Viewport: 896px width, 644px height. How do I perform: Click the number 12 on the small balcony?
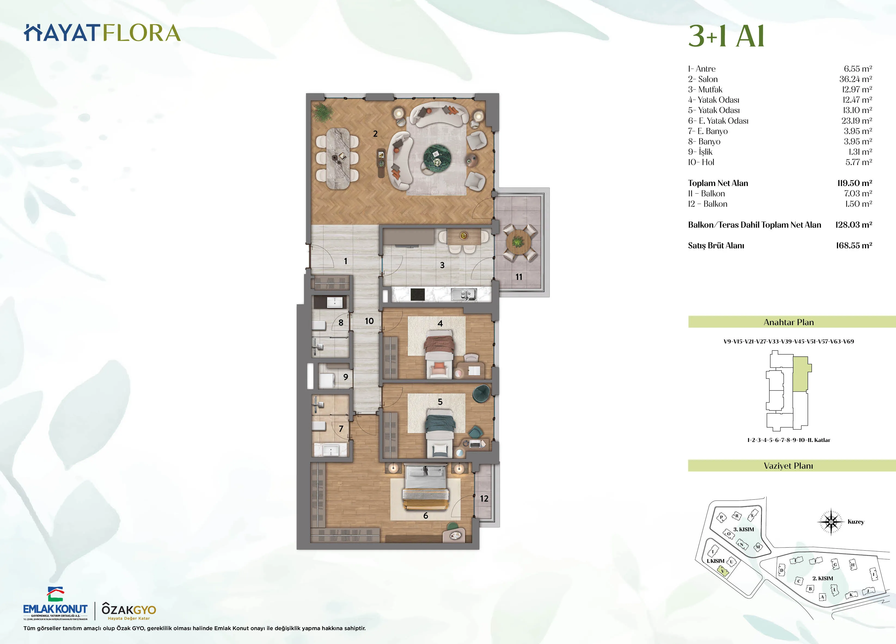tap(484, 499)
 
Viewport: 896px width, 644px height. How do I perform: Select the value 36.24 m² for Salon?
tap(855, 79)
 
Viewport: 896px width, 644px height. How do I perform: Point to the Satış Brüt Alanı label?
tap(716, 245)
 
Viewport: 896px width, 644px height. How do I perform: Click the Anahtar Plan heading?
tap(788, 322)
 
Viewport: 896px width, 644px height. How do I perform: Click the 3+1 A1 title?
tap(726, 36)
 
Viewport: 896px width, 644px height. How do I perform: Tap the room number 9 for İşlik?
tap(346, 377)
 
